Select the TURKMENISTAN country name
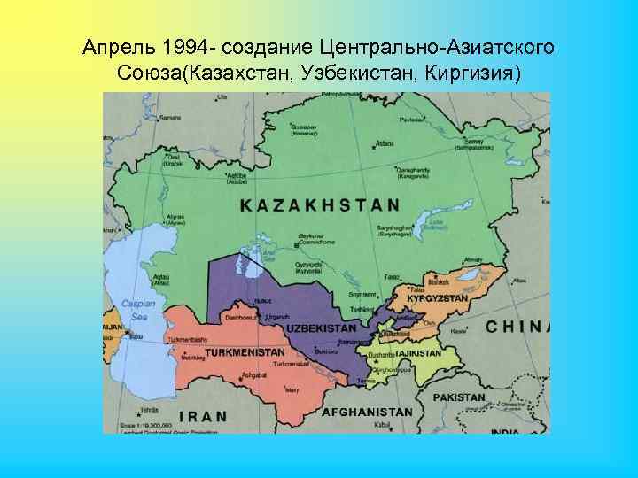245,352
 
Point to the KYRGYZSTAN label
437,299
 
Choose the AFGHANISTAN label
366,412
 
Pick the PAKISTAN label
458,397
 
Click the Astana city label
385,143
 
